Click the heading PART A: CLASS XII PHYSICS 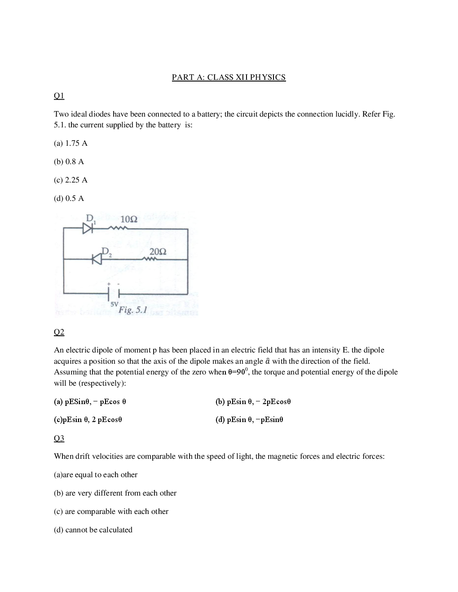click(229, 77)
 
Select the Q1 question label click(59, 96)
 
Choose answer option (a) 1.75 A click(70, 144)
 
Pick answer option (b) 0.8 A click(69, 162)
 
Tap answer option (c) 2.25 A click(70, 180)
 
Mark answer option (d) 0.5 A click(69, 199)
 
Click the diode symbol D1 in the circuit click(88, 228)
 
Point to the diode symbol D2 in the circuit click(97, 259)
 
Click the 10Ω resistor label click(129, 219)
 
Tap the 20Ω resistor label click(158, 252)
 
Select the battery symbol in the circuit click(113, 293)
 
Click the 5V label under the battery click(114, 304)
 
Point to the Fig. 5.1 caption click(132, 310)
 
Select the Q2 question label click(59, 332)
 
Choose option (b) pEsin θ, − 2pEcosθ click(253, 402)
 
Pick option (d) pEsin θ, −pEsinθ click(249, 420)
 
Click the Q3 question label click(59, 438)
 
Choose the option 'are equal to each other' click(96, 475)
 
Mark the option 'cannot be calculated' click(93, 530)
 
